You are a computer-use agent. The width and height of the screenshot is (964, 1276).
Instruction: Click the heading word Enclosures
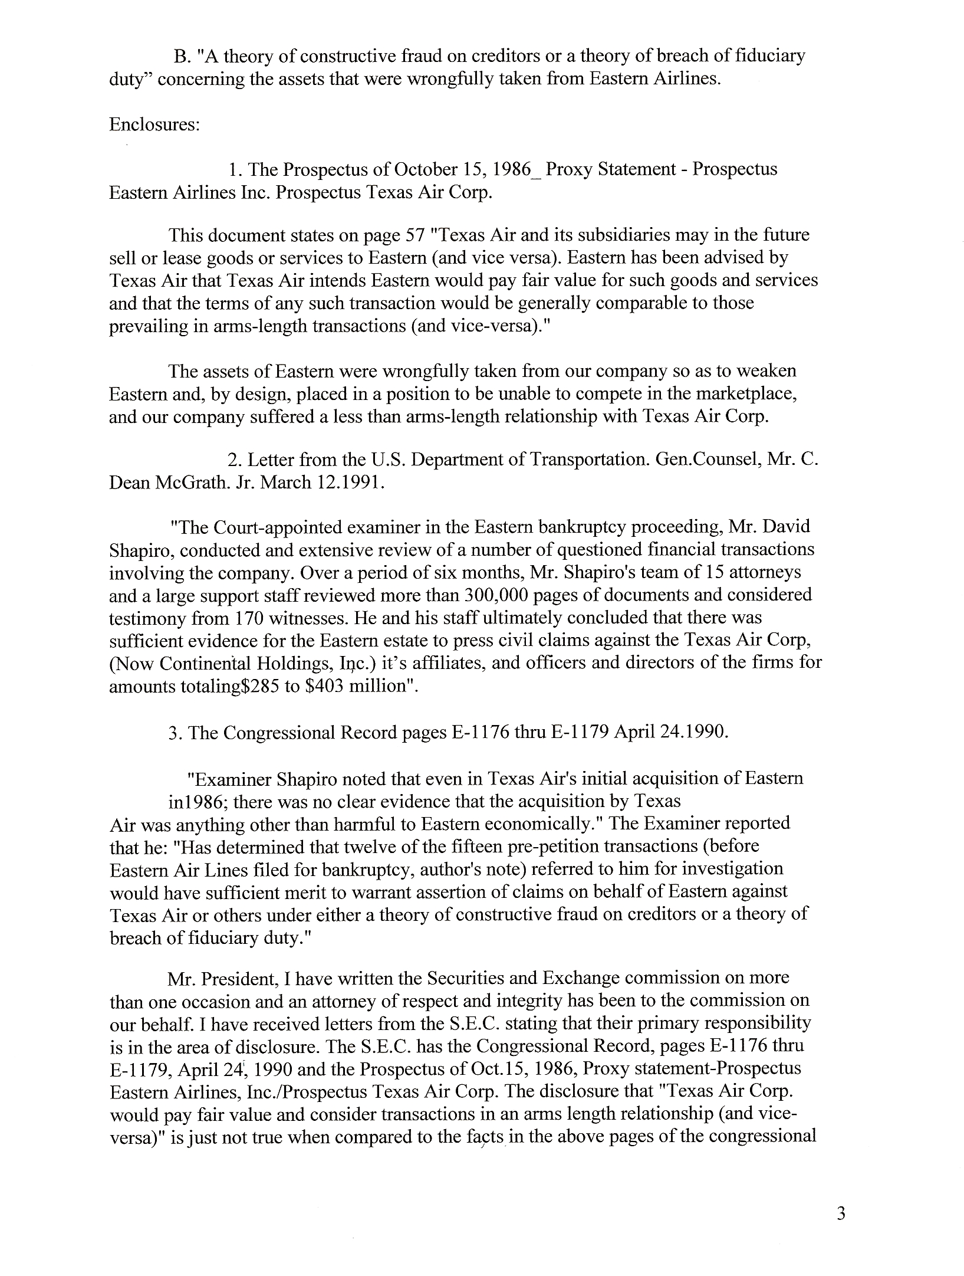click(x=153, y=126)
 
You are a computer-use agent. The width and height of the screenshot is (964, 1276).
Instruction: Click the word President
click(x=239, y=978)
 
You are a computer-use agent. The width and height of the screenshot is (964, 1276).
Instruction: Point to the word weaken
click(x=765, y=371)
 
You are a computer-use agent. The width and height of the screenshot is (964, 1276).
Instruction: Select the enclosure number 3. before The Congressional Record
click(x=174, y=733)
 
